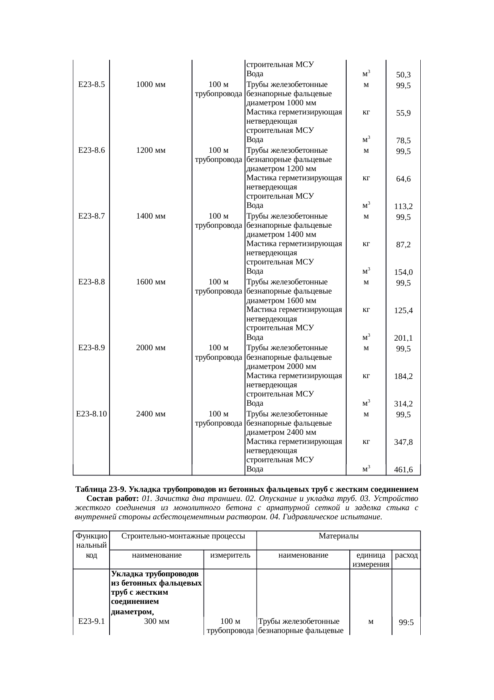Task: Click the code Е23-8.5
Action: [x=91, y=85]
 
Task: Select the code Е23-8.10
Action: [x=91, y=414]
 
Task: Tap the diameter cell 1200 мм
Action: [x=151, y=150]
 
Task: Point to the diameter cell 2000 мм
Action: [x=151, y=348]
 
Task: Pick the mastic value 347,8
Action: [x=403, y=442]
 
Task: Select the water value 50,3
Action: [x=403, y=75]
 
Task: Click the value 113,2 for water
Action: [x=403, y=207]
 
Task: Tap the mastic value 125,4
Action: [x=403, y=311]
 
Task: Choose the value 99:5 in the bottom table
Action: [x=406, y=622]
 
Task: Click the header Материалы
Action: [x=339, y=536]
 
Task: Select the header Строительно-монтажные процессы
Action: [x=183, y=536]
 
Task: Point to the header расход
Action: [x=406, y=555]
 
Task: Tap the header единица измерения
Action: [x=370, y=560]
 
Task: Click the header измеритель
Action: [x=230, y=555]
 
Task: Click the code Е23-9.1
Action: [x=91, y=621]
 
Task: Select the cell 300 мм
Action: [x=157, y=621]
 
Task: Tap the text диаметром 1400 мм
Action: [x=281, y=235]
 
